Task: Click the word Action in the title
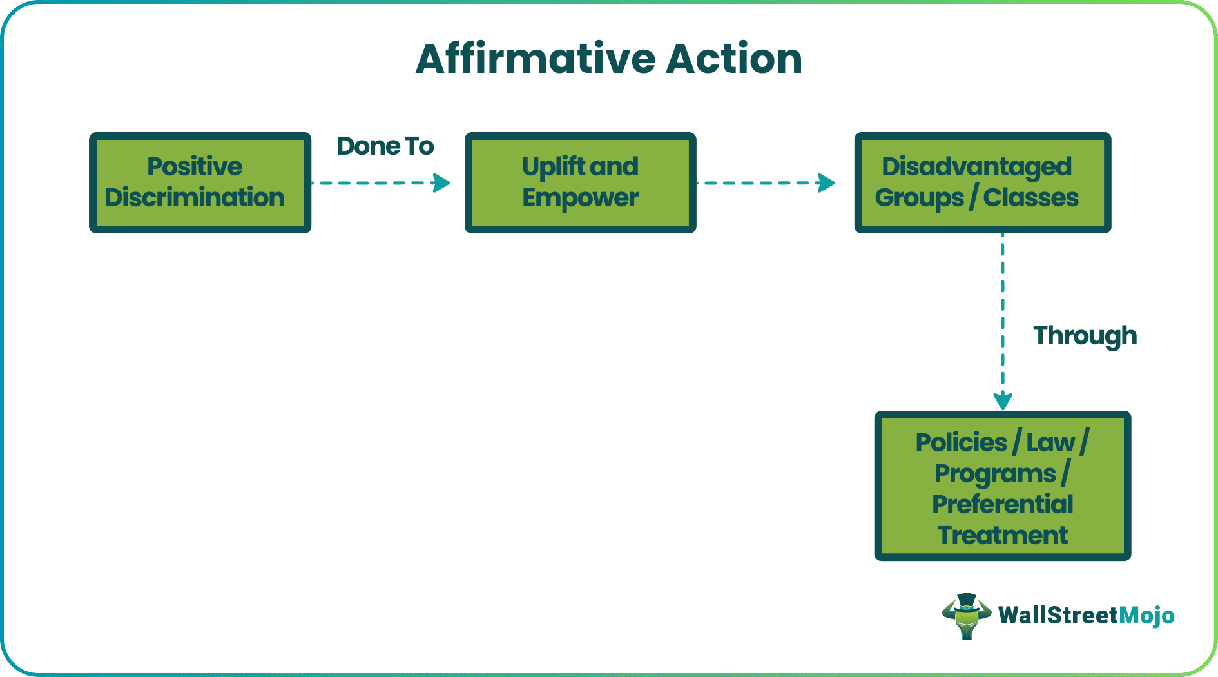tap(734, 59)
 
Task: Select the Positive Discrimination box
tap(200, 182)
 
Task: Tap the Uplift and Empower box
tap(580, 182)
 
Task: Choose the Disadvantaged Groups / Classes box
tap(982, 182)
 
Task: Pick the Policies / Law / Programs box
tap(1002, 486)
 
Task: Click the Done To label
tap(385, 146)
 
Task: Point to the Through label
tap(1085, 336)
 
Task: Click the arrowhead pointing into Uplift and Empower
tap(442, 183)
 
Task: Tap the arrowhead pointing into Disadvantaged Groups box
tap(827, 183)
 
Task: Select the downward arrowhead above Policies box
tap(1003, 401)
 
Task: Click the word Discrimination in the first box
tap(195, 198)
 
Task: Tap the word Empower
tap(580, 198)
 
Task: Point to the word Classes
tap(1030, 198)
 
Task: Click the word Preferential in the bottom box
tap(1002, 504)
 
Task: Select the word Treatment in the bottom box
tap(1002, 535)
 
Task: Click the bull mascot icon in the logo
tap(966, 616)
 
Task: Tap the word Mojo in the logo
tap(1146, 616)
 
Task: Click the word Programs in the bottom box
tap(994, 474)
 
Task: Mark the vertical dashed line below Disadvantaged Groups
tap(1003, 309)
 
